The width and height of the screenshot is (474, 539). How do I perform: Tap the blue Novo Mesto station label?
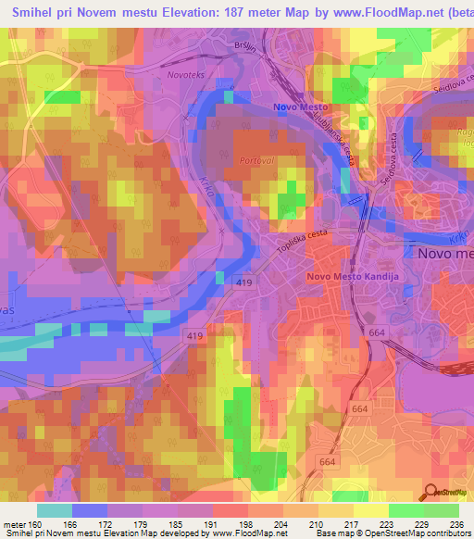299,107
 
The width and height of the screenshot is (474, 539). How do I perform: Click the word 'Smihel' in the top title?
35,13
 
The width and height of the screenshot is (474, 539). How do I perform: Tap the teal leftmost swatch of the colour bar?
55,510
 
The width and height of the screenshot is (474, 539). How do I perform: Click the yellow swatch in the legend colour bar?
370,510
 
